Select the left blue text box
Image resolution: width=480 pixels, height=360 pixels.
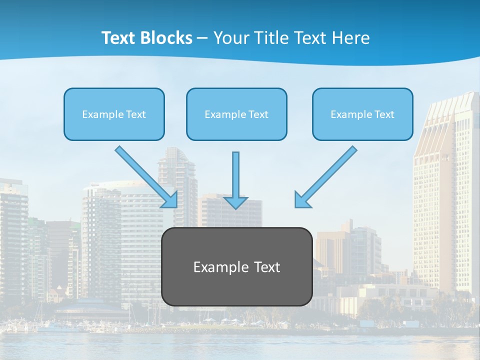pos(114,114)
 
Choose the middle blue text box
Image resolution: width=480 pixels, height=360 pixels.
pos(236,114)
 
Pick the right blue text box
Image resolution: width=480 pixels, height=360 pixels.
pos(362,114)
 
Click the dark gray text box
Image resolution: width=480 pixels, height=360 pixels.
pos(236,266)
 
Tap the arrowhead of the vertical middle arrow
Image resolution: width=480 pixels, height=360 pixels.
pos(235,202)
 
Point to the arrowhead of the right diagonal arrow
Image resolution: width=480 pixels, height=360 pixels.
pos(301,200)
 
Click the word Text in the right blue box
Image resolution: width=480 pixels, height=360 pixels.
pos(384,114)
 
